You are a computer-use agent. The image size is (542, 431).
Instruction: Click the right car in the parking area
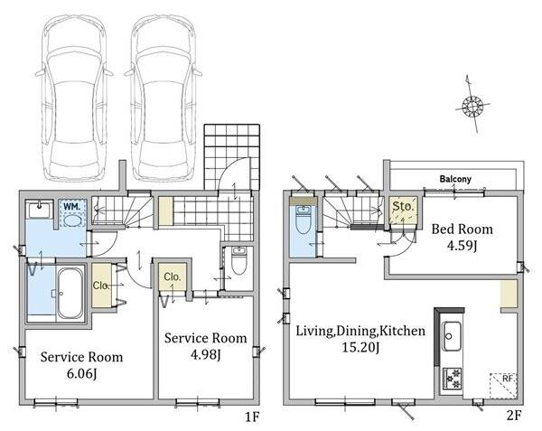click(x=164, y=95)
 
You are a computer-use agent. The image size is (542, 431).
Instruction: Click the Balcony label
click(x=455, y=179)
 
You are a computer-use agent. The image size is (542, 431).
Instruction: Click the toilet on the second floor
click(x=303, y=218)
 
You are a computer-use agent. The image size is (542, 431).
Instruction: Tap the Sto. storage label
click(x=403, y=207)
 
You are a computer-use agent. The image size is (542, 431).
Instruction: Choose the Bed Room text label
click(x=462, y=228)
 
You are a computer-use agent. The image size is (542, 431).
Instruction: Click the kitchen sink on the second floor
click(x=451, y=335)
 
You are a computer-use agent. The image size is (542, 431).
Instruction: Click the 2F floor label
click(x=513, y=418)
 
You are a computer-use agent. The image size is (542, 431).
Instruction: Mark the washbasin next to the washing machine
click(x=39, y=211)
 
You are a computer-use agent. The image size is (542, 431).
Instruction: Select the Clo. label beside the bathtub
click(x=102, y=286)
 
